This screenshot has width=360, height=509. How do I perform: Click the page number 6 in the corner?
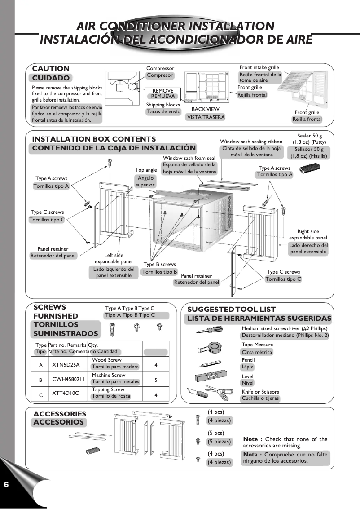point(6,485)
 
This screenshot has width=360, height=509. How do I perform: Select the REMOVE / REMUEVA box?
point(162,93)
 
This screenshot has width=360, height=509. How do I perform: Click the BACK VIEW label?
point(205,109)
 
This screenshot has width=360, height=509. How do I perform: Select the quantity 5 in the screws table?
point(155,380)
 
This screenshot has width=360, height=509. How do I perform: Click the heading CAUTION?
point(51,69)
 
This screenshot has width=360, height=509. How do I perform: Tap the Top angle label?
point(146,170)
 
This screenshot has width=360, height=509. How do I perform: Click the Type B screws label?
point(159,264)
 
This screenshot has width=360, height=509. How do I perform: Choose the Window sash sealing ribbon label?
point(251,142)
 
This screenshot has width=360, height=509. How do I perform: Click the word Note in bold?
point(250,439)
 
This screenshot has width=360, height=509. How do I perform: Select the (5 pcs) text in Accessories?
point(215,433)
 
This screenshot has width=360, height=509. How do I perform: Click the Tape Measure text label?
point(257,345)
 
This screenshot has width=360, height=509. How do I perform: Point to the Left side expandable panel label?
point(114,258)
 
